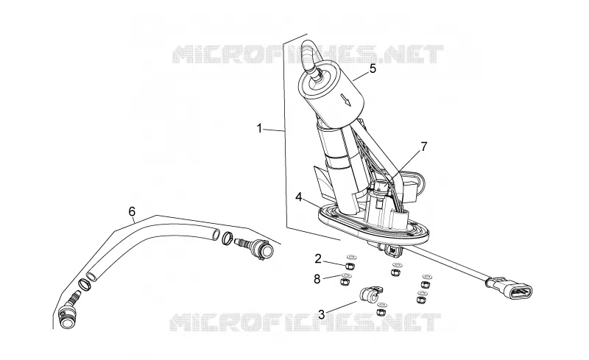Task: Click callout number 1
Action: (x=259, y=129)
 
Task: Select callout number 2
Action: (x=318, y=258)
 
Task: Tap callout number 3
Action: (x=321, y=314)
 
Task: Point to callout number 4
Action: (x=299, y=197)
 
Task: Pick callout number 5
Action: (x=373, y=68)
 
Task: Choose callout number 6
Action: (x=132, y=211)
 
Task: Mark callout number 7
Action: (x=424, y=147)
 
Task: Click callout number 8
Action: (x=317, y=279)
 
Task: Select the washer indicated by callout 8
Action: (x=345, y=276)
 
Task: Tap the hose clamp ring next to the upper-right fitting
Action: (x=227, y=238)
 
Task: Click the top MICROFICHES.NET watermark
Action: (x=308, y=54)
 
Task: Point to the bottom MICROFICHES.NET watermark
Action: (x=305, y=322)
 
